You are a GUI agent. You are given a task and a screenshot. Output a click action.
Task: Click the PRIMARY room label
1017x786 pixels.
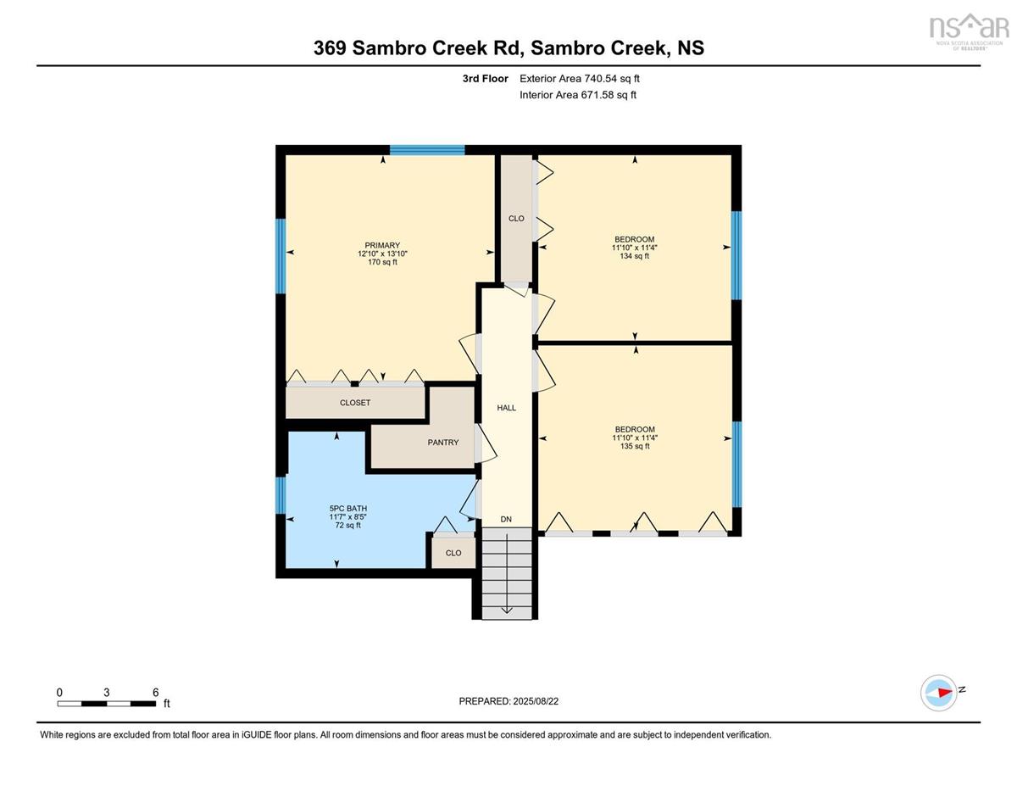(x=382, y=245)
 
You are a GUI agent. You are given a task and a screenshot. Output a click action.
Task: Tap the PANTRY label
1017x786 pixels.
(x=442, y=443)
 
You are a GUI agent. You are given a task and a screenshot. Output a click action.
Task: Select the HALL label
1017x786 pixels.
(x=507, y=408)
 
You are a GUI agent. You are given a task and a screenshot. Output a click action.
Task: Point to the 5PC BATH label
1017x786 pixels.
(x=348, y=509)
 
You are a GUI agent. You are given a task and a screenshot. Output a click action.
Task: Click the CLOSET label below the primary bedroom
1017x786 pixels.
(x=355, y=403)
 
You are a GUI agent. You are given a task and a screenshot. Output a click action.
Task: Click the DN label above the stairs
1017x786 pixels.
(x=506, y=519)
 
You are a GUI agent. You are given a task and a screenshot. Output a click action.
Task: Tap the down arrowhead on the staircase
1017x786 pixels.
(x=507, y=610)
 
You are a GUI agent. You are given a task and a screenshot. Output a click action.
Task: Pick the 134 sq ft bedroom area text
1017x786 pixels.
(x=635, y=256)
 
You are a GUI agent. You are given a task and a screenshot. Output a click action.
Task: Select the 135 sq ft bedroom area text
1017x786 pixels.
(x=635, y=446)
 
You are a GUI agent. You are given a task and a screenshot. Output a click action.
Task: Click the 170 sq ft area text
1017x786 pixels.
(x=382, y=262)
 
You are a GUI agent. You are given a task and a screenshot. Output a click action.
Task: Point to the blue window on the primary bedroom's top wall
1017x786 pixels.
(x=427, y=150)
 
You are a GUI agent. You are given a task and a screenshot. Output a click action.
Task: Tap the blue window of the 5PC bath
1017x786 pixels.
(x=281, y=495)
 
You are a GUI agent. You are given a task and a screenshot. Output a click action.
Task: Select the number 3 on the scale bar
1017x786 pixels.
(x=107, y=693)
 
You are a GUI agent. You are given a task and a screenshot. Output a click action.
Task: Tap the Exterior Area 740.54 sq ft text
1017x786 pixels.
(x=580, y=79)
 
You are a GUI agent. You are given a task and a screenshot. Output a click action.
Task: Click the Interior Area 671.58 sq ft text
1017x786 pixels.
(x=578, y=95)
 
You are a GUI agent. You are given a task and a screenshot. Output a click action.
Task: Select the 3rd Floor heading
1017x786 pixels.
(x=486, y=79)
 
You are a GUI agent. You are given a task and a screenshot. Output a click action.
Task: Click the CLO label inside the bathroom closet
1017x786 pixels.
(x=453, y=553)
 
